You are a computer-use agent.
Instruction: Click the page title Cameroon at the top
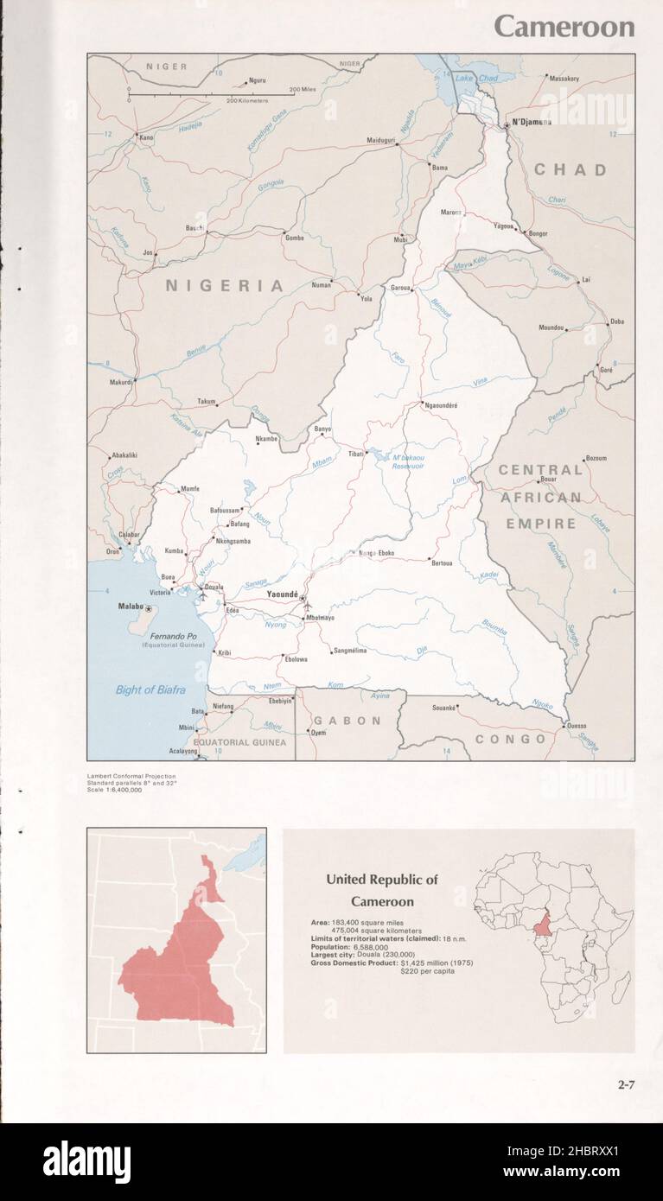pyautogui.click(x=564, y=27)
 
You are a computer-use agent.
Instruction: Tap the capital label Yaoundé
pyautogui.click(x=283, y=595)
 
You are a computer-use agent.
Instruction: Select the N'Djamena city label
pyautogui.click(x=531, y=123)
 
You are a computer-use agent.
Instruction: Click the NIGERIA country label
pyautogui.click(x=225, y=285)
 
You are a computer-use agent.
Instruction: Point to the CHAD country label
pyautogui.click(x=570, y=170)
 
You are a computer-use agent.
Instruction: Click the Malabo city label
pyautogui.click(x=131, y=607)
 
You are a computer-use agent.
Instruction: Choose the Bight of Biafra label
pyautogui.click(x=147, y=689)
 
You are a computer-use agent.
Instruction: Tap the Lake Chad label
pyautogui.click(x=476, y=79)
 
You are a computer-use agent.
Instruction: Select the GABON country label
pyautogui.click(x=347, y=720)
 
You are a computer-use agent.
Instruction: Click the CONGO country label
pyautogui.click(x=511, y=739)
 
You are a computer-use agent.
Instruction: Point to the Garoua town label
pyautogui.click(x=399, y=288)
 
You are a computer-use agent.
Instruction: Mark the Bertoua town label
pyautogui.click(x=442, y=562)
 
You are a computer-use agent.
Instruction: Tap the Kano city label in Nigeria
pyautogui.click(x=146, y=137)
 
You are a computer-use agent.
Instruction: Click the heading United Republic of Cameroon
pyautogui.click(x=381, y=890)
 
